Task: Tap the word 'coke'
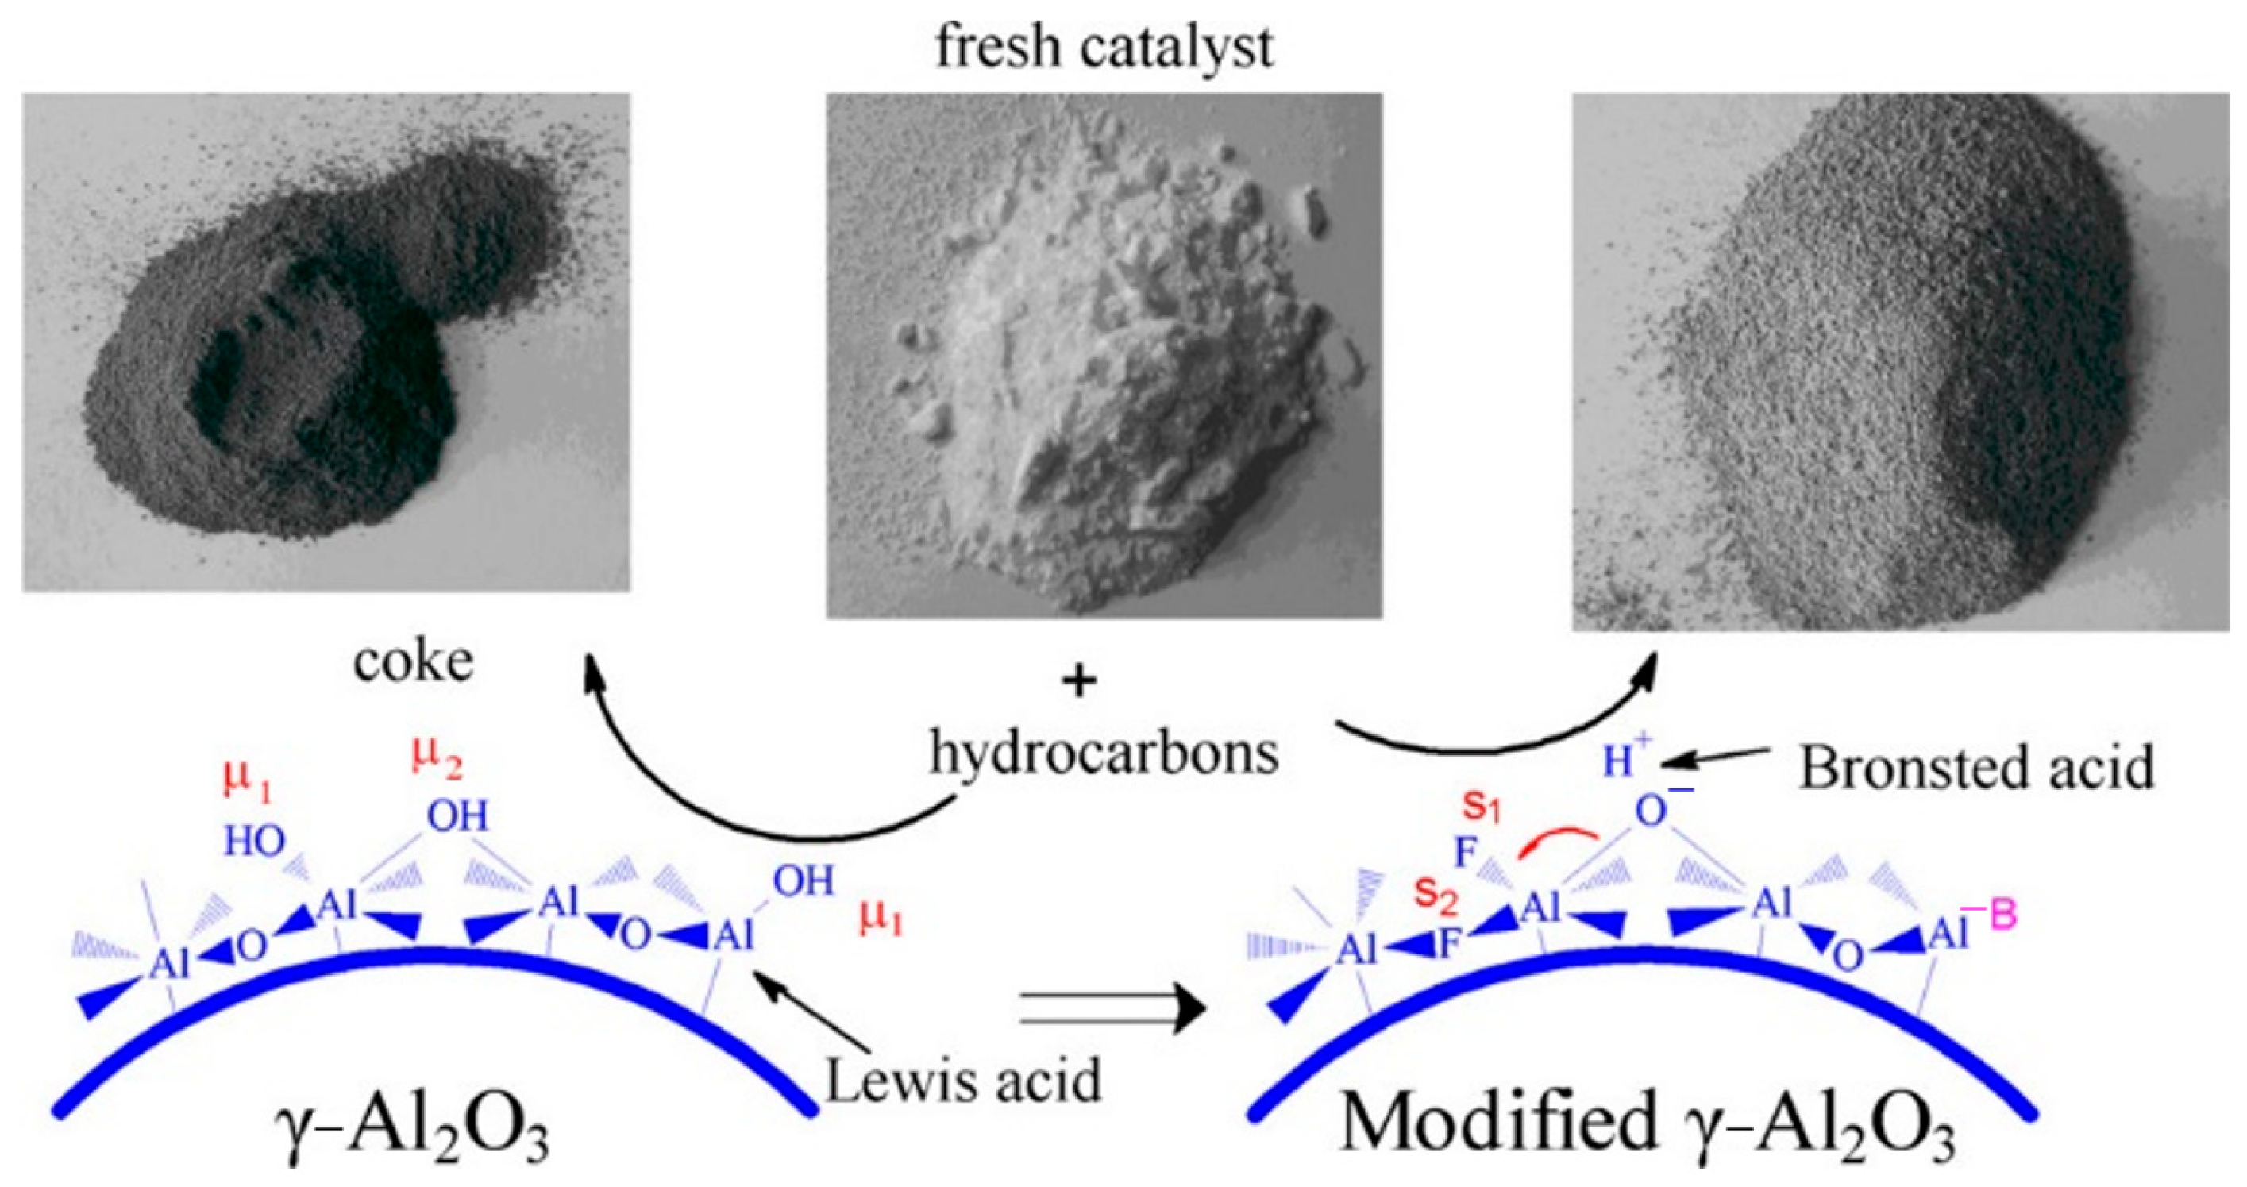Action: point(414,663)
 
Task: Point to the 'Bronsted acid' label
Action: point(1976,768)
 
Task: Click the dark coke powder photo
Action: point(326,342)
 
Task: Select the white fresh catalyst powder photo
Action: point(1104,355)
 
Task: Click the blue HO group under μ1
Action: point(254,841)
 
